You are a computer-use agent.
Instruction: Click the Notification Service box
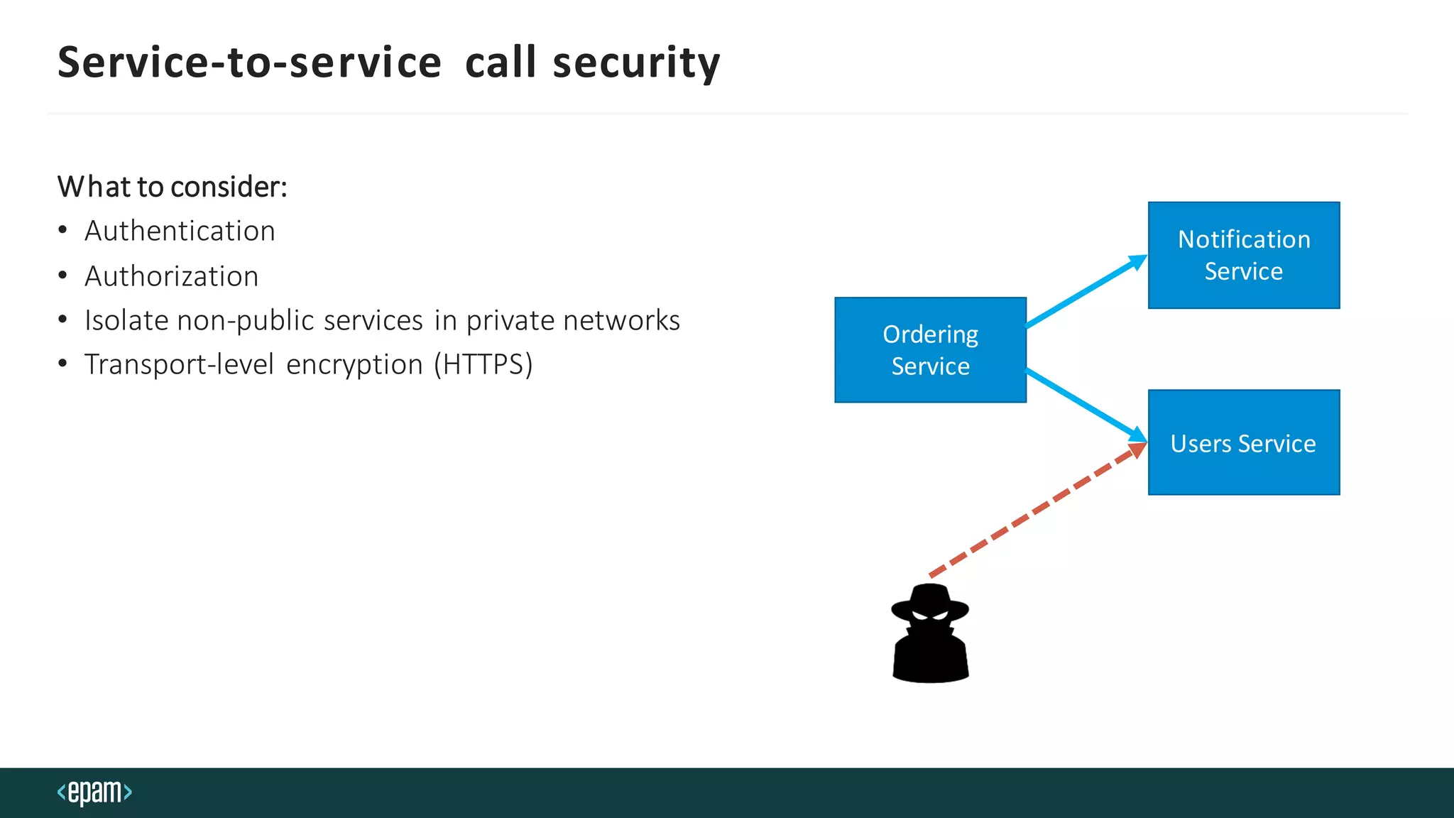pyautogui.click(x=1244, y=255)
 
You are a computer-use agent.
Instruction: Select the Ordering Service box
pyautogui.click(x=930, y=350)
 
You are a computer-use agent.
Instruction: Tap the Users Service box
pyautogui.click(x=1244, y=442)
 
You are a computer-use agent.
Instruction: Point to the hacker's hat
pyautogui.click(x=930, y=601)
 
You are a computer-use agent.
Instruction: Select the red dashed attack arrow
pyautogui.click(x=1037, y=510)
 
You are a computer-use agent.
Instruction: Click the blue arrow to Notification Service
pyautogui.click(x=1086, y=292)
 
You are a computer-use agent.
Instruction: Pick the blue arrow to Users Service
pyautogui.click(x=1086, y=405)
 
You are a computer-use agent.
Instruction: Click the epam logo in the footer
pyautogui.click(x=94, y=792)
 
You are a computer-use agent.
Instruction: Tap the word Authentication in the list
pyautogui.click(x=180, y=231)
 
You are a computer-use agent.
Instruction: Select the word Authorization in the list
pyautogui.click(x=172, y=276)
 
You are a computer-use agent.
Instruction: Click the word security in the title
pyautogui.click(x=636, y=62)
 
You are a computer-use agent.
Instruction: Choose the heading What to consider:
pyautogui.click(x=173, y=187)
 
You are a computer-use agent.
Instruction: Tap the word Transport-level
pyautogui.click(x=179, y=364)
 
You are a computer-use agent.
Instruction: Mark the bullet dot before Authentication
pyautogui.click(x=63, y=231)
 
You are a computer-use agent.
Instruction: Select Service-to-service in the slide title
pyautogui.click(x=249, y=62)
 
